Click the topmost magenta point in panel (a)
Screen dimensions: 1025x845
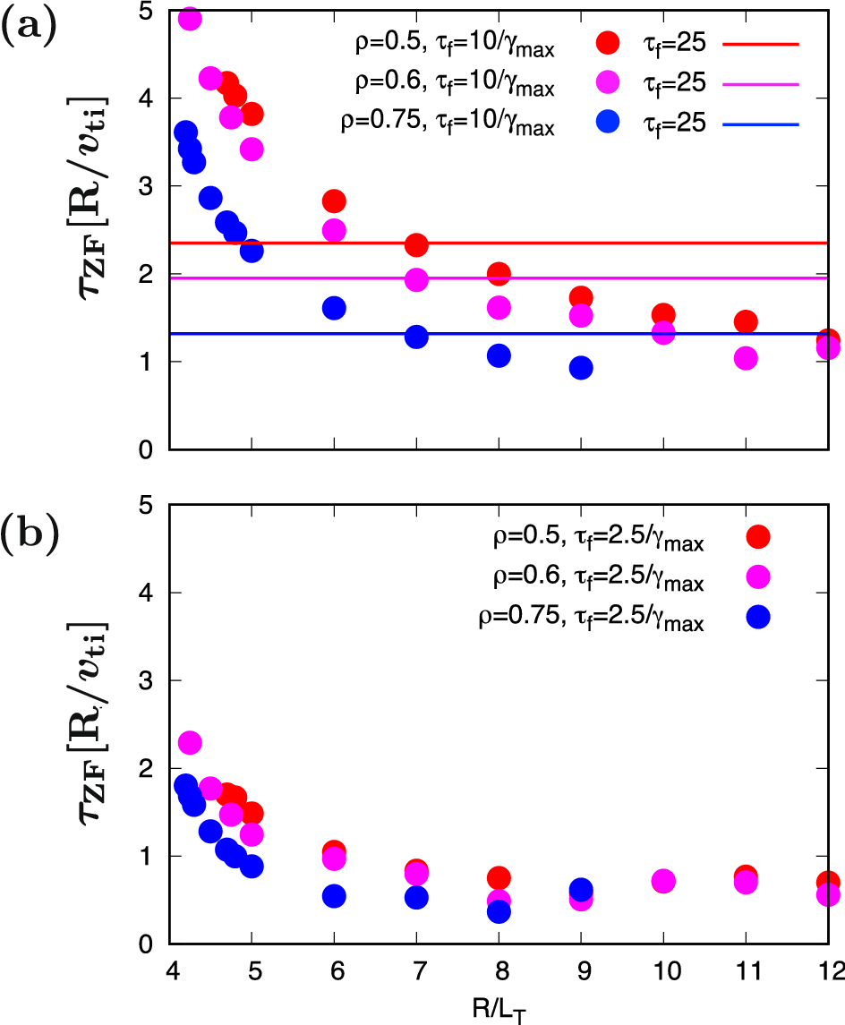[190, 19]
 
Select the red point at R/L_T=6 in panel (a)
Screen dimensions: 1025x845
[334, 201]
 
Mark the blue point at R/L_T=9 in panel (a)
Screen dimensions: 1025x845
[581, 368]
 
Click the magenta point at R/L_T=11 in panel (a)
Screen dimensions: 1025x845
[745, 358]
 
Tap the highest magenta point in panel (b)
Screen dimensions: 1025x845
[190, 742]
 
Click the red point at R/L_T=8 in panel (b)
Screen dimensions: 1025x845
[499, 877]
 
